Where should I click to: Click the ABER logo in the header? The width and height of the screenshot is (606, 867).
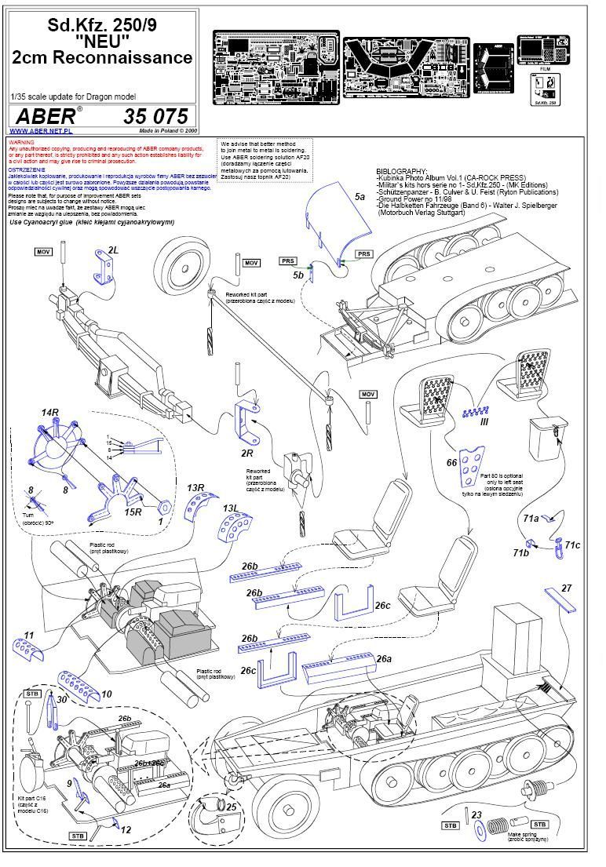(x=47, y=115)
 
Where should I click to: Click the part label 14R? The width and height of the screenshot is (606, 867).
(x=50, y=412)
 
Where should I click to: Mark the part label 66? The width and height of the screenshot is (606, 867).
(x=451, y=463)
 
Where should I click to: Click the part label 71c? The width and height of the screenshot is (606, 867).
(x=572, y=545)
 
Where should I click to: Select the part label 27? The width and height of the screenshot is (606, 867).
(x=567, y=588)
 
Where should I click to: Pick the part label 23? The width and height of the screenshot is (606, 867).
(x=476, y=815)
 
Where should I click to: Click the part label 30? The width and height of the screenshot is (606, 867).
(x=62, y=701)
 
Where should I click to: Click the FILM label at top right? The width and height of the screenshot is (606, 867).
(x=542, y=69)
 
